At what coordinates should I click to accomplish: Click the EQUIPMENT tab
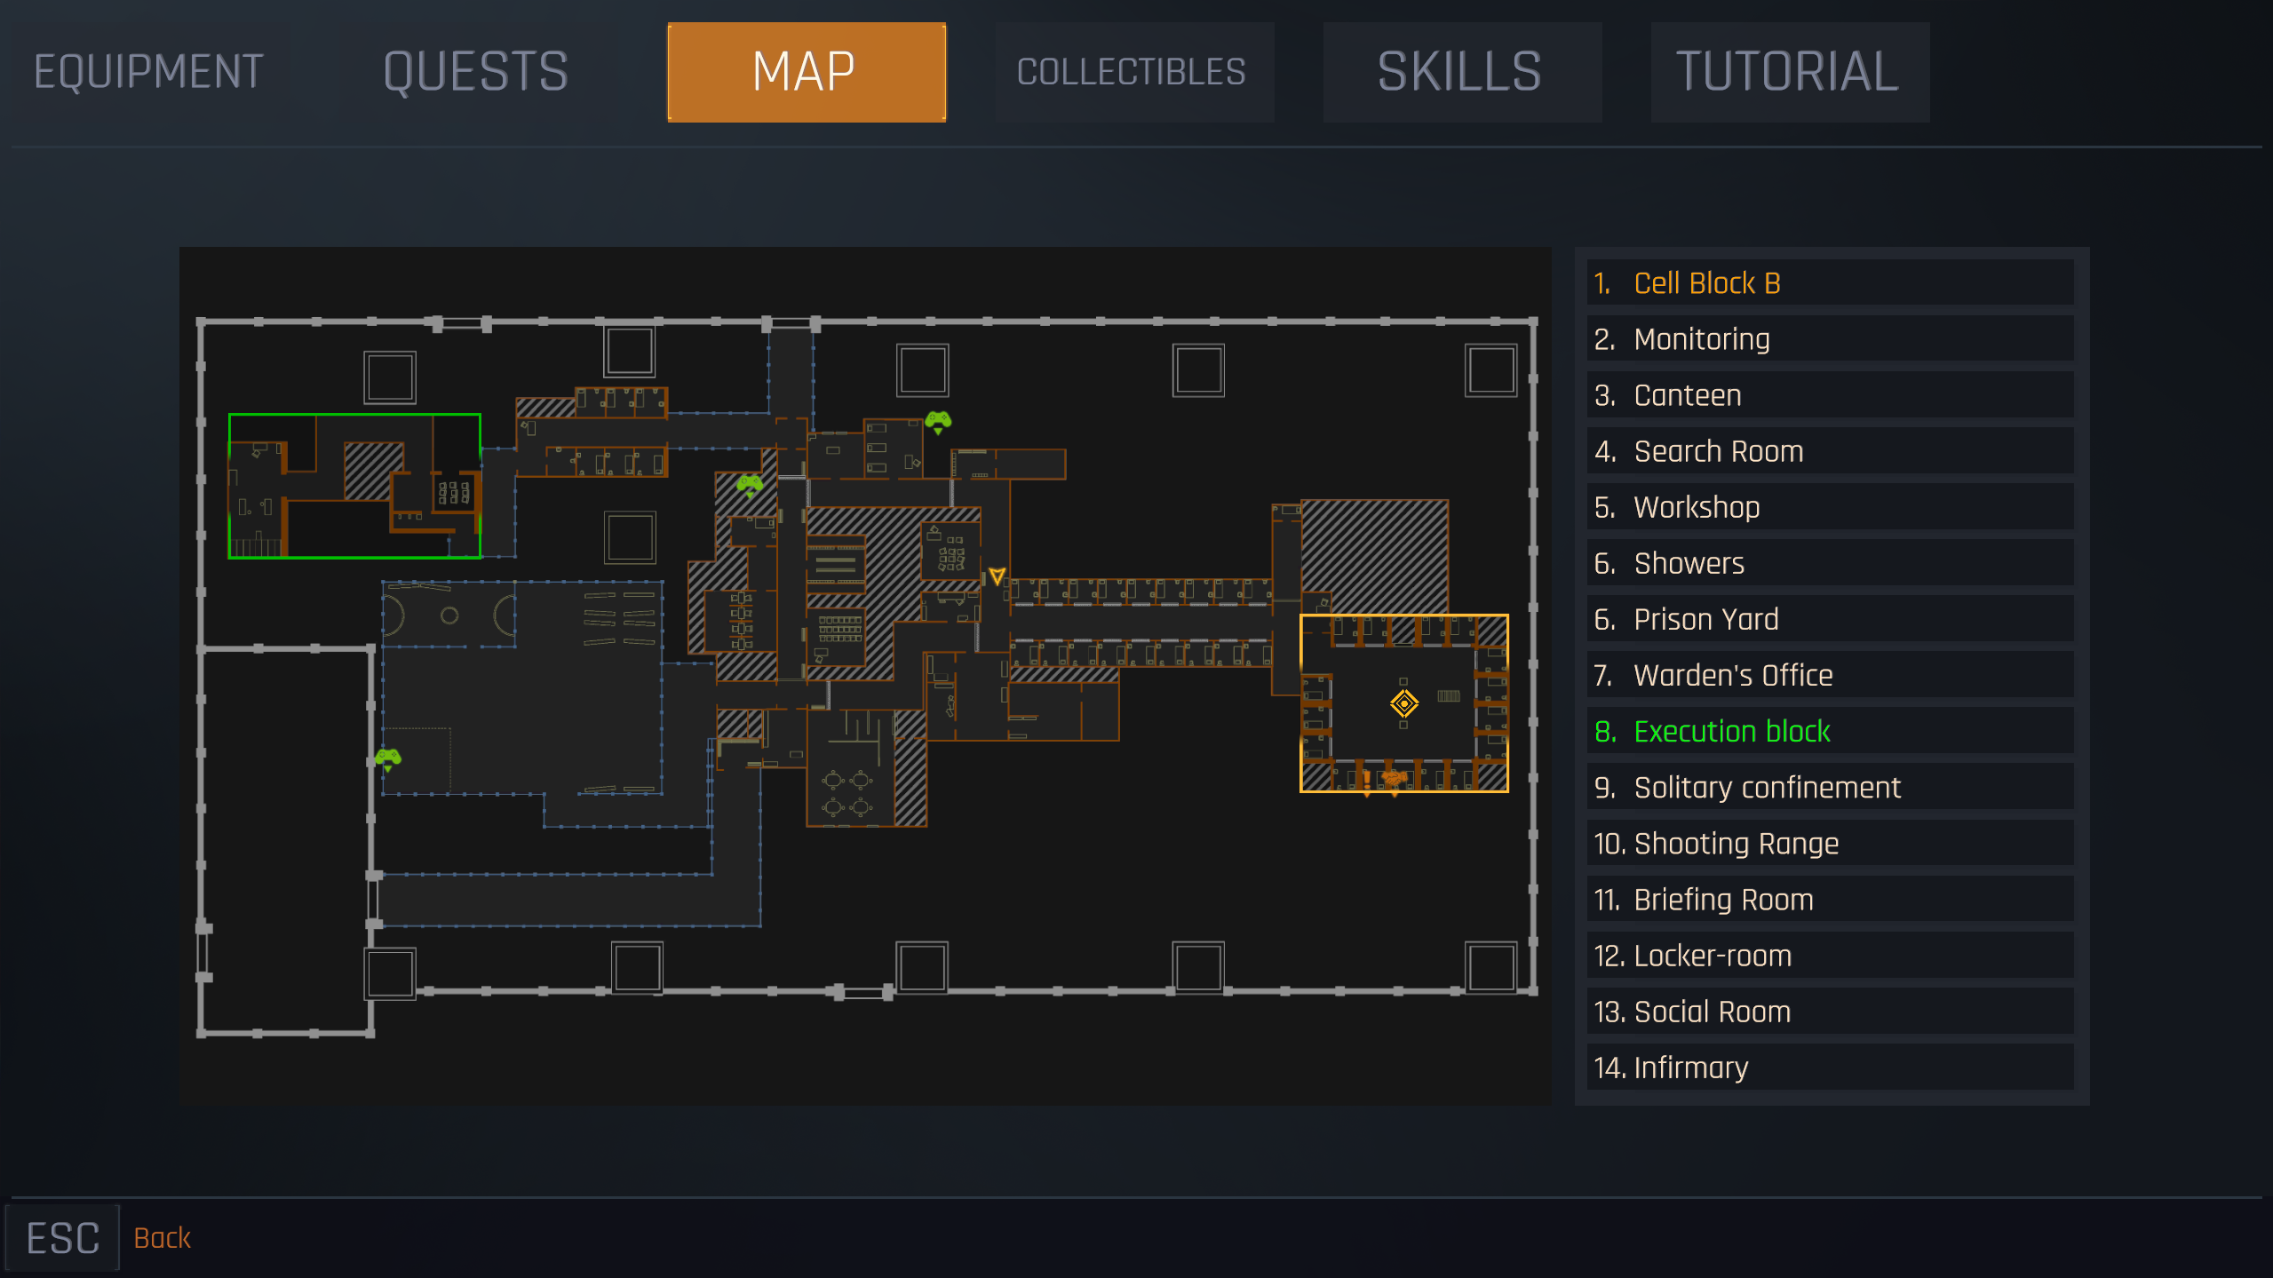point(148,72)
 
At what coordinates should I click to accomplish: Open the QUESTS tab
point(476,72)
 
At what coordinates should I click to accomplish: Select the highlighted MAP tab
point(806,72)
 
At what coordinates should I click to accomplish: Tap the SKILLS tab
point(1461,72)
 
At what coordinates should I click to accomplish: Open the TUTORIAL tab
point(1789,72)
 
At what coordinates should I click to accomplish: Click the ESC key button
point(62,1237)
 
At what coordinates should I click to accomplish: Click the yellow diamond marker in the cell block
point(1403,703)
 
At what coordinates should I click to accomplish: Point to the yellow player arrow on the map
point(997,576)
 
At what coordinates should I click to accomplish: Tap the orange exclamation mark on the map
point(1366,782)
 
